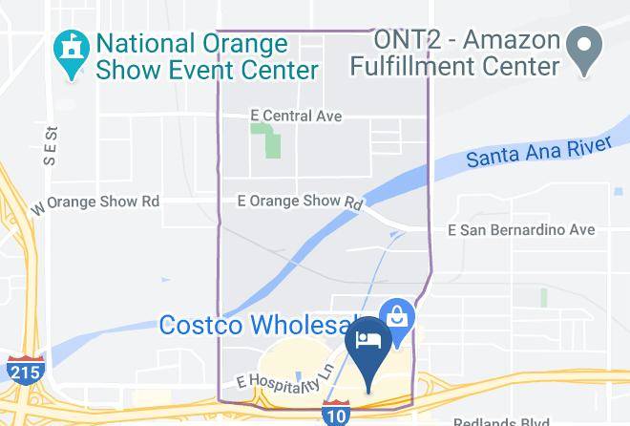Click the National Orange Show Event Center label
205,56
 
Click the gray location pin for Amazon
581,45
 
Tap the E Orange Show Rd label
300,202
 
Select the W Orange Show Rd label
95,203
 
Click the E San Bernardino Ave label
521,230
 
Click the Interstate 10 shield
335,414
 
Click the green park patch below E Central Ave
267,143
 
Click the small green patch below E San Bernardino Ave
544,297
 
